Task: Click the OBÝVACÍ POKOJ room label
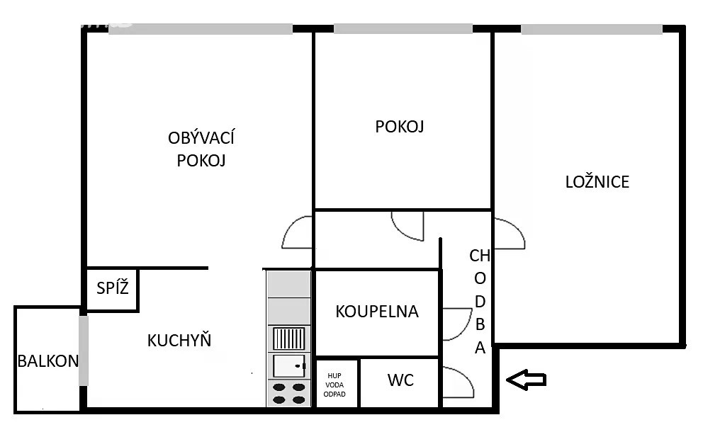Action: pyautogui.click(x=201, y=149)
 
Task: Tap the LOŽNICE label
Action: pyautogui.click(x=597, y=181)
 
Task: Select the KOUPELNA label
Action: pyautogui.click(x=377, y=312)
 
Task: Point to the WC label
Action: pyautogui.click(x=400, y=380)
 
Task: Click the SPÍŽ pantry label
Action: pyautogui.click(x=113, y=288)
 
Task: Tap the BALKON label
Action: pyautogui.click(x=48, y=360)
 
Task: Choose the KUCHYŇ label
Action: pyautogui.click(x=179, y=341)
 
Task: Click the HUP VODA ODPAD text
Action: pyautogui.click(x=334, y=385)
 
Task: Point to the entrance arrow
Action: pyautogui.click(x=526, y=380)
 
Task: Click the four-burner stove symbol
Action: pyautogui.click(x=288, y=394)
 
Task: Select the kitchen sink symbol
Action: pyautogui.click(x=288, y=366)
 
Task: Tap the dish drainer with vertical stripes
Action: pyautogui.click(x=288, y=339)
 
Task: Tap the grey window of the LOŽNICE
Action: pyautogui.click(x=591, y=30)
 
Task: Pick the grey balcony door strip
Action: pyautogui.click(x=84, y=351)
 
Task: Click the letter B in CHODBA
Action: pyautogui.click(x=480, y=324)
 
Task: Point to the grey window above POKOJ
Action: pyautogui.click(x=403, y=28)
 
